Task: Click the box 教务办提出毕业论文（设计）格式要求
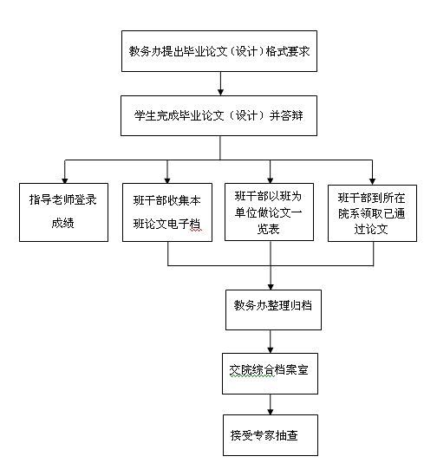click(x=219, y=51)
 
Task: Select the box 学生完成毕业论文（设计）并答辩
click(x=219, y=115)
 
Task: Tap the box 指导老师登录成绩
click(x=63, y=212)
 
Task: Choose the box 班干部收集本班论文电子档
click(x=167, y=212)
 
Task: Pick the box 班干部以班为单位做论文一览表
click(x=269, y=212)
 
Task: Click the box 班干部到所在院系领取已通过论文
click(x=372, y=213)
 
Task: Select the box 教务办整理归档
click(x=273, y=310)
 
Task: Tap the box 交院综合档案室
click(x=270, y=374)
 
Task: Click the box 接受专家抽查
click(x=271, y=435)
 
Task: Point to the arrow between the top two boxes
click(x=220, y=83)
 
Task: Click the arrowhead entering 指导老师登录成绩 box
click(x=65, y=180)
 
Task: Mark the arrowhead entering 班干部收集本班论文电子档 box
click(x=167, y=180)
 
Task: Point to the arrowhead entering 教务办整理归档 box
click(x=271, y=287)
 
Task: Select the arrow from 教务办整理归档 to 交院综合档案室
click(x=271, y=342)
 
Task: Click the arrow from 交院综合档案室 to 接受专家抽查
click(x=271, y=404)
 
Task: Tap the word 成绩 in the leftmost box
click(x=62, y=223)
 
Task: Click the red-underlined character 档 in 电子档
click(x=195, y=225)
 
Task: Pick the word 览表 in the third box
click(x=268, y=229)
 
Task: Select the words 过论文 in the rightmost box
click(x=371, y=229)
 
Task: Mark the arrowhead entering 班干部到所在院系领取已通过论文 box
click(x=372, y=181)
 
